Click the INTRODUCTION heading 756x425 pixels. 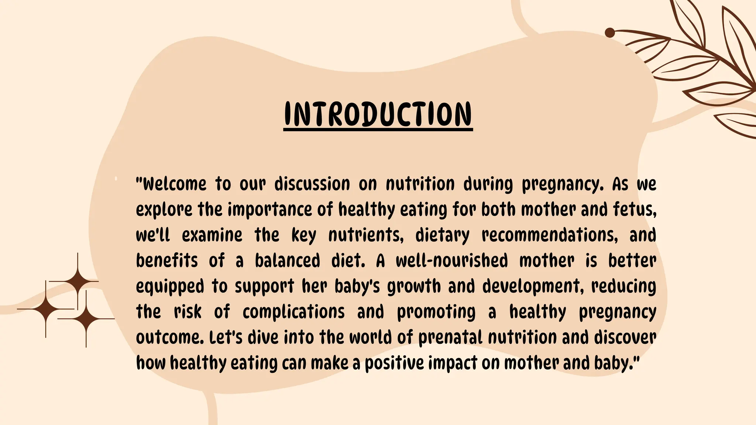pyautogui.click(x=378, y=114)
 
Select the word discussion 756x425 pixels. pyautogui.click(x=312, y=184)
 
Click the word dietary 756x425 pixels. pyautogui.click(x=442, y=235)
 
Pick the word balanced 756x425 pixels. pyautogui.click(x=287, y=261)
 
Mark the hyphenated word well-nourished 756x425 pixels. pyautogui.click(x=452, y=261)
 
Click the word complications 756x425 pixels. pyautogui.click(x=293, y=312)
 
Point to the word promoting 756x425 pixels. pyautogui.click(x=436, y=312)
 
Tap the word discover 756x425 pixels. pyautogui.click(x=625, y=338)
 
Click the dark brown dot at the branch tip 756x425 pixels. pyautogui.click(x=610, y=33)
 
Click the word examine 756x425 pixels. pyautogui.click(x=212, y=235)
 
